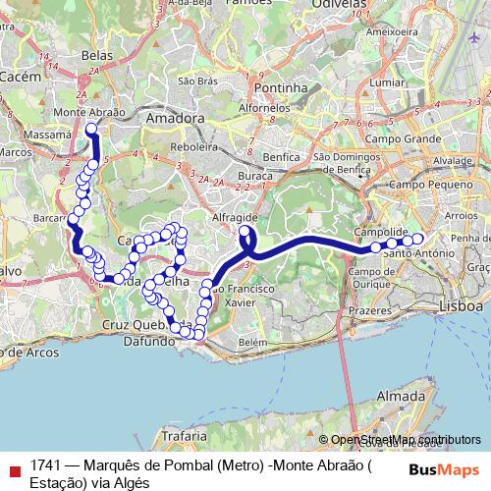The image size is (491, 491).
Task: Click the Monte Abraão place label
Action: [88, 113]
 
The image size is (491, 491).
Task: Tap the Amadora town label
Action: [174, 118]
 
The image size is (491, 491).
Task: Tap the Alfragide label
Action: [235, 218]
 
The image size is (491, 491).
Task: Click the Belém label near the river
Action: [253, 342]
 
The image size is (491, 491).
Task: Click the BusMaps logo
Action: [443, 468]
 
